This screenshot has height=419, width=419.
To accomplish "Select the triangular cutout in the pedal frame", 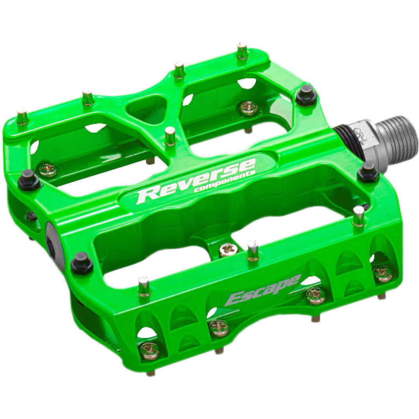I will click(x=147, y=108).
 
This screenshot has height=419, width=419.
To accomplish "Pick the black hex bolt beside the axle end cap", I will click(x=82, y=262).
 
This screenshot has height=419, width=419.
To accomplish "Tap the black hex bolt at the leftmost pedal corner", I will click(x=29, y=180).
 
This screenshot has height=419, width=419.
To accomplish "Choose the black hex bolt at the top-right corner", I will click(x=306, y=94).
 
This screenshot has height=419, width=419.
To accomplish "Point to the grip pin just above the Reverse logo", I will click(x=170, y=136).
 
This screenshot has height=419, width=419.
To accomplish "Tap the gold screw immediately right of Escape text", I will click(x=316, y=295).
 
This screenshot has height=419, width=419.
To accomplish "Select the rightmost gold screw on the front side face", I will click(x=382, y=273).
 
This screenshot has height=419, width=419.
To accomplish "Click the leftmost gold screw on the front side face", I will click(x=150, y=350).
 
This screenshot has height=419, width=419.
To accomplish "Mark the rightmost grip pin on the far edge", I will click(x=242, y=51).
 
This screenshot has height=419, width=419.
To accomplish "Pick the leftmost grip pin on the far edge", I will click(x=22, y=117).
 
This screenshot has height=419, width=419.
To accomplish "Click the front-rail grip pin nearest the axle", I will click(x=358, y=216).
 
